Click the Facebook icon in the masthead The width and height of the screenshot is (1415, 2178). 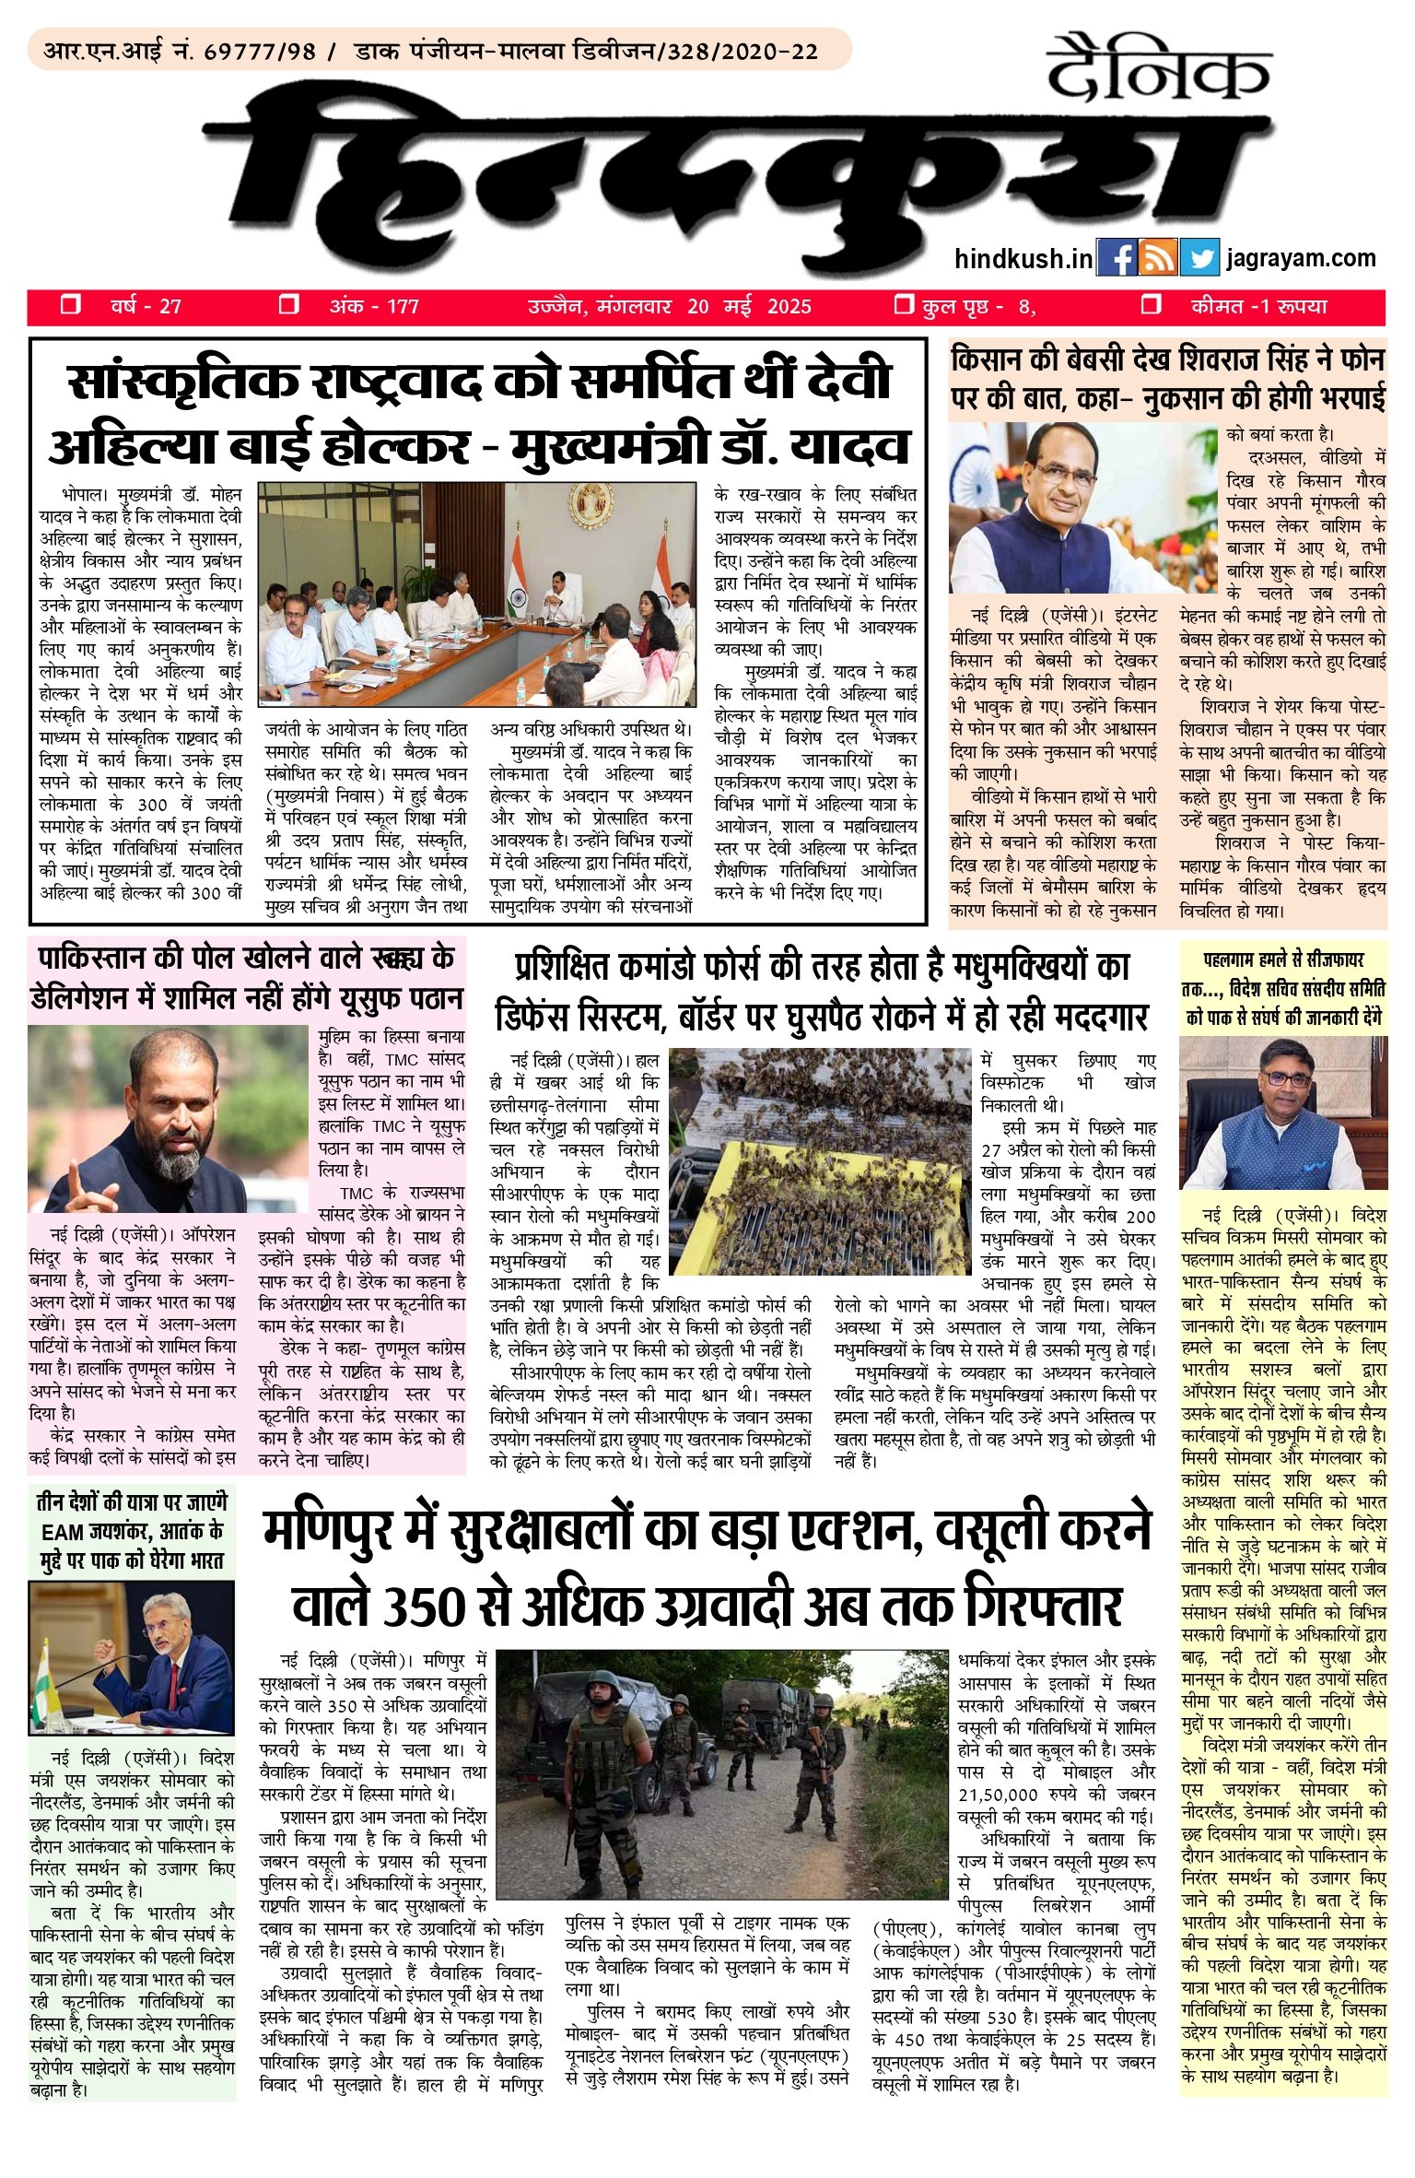pos(1116,258)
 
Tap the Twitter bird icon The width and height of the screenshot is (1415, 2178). pos(1199,258)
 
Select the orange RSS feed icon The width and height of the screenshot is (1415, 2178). pos(1157,258)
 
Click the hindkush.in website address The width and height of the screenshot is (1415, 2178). pos(1023,259)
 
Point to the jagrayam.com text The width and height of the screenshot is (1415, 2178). pos(1301,258)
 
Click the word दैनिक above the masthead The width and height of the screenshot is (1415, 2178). pos(1159,69)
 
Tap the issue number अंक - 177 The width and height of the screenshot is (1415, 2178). pos(373,306)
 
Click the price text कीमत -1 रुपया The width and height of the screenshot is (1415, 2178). pos(1258,306)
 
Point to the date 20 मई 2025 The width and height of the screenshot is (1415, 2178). pos(749,306)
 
